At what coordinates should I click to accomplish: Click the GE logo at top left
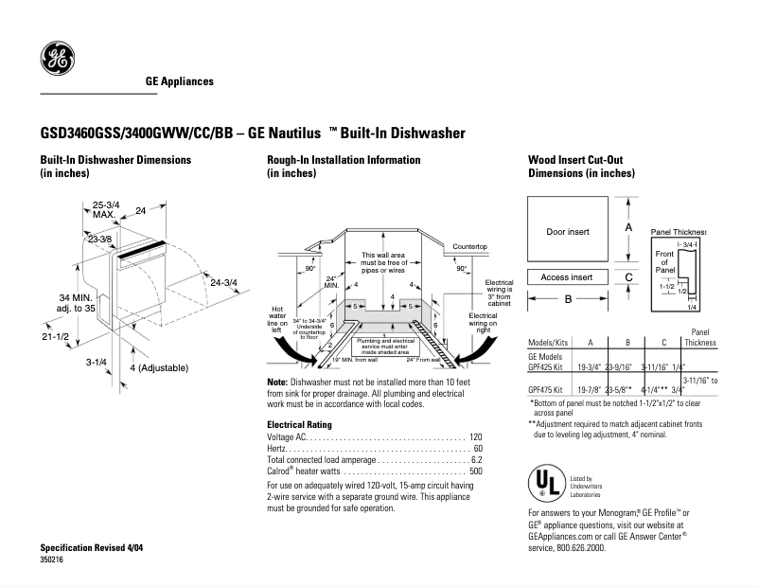[56, 60]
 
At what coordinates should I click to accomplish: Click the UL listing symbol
[545, 484]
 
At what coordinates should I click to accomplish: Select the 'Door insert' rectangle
[567, 232]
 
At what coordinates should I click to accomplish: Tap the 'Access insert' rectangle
[567, 277]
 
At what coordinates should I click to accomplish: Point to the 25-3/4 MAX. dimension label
[106, 210]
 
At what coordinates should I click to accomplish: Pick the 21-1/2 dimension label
[55, 337]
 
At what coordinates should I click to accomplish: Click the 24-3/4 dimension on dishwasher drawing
[223, 282]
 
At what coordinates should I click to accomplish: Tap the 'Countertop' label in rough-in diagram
[468, 246]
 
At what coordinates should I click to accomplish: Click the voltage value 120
[476, 437]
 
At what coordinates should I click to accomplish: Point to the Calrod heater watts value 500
[476, 471]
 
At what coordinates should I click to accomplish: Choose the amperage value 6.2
[476, 460]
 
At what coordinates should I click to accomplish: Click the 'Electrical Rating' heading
[299, 424]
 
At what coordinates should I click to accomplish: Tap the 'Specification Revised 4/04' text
[92, 549]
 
